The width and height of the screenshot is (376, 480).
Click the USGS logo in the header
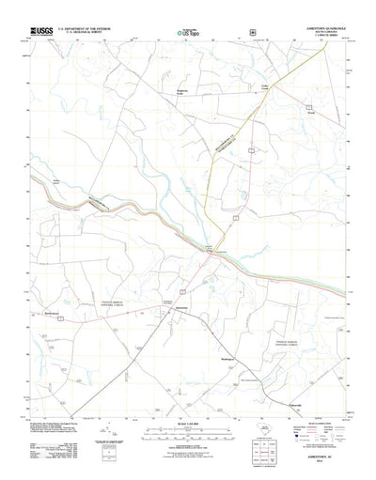click(42, 30)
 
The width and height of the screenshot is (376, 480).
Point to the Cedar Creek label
click(265, 89)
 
